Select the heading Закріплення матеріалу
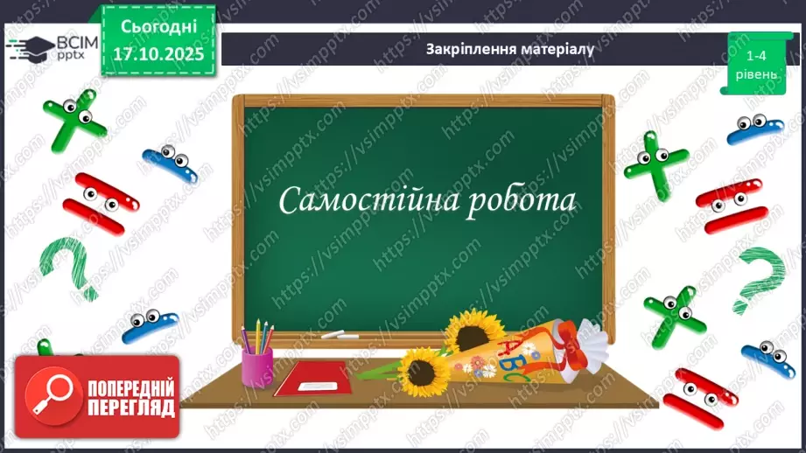pos(509,49)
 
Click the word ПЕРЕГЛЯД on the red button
pos(130,408)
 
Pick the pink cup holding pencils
pos(256,365)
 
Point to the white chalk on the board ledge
pos(333,336)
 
